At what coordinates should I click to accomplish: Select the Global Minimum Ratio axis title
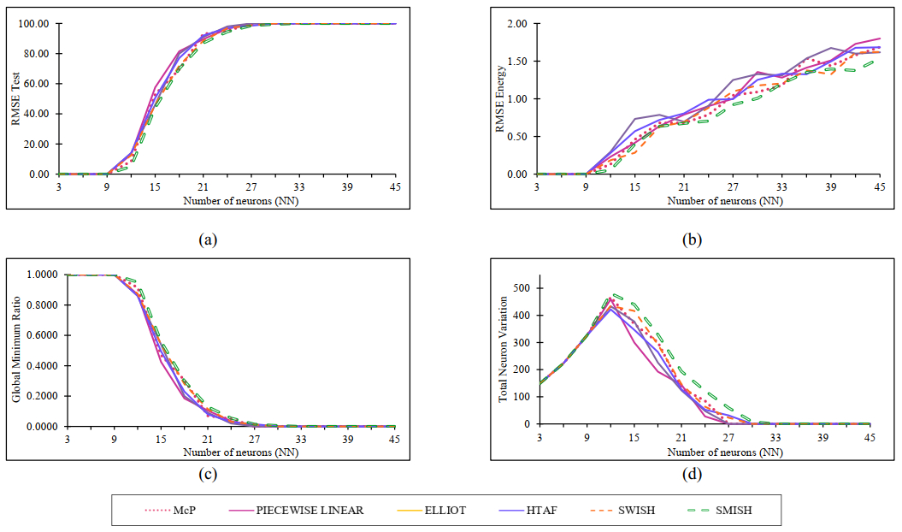(x=15, y=351)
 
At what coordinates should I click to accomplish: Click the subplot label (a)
(x=206, y=240)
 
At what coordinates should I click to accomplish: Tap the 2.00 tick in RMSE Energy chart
(x=516, y=24)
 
